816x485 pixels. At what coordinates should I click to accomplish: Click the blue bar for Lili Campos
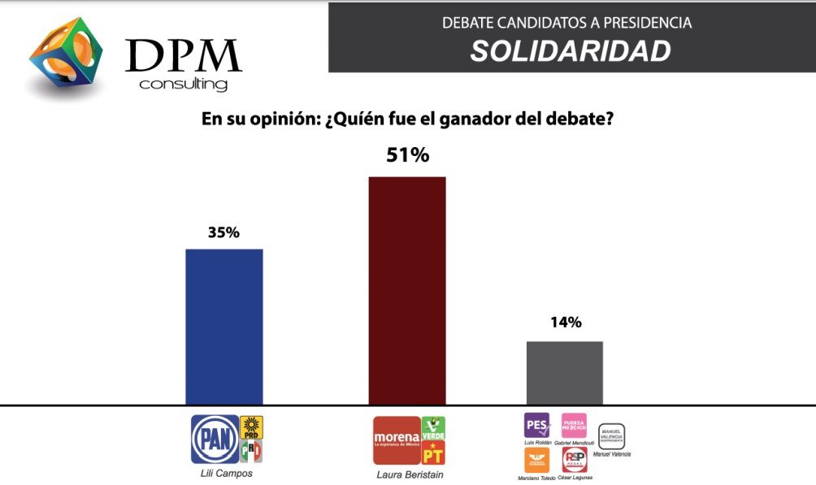[x=224, y=326]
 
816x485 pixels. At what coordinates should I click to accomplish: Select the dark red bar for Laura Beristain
[x=407, y=290]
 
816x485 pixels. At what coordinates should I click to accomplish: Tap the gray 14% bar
[x=565, y=372]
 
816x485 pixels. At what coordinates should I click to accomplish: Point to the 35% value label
[x=224, y=232]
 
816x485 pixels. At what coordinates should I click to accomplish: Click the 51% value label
[x=407, y=155]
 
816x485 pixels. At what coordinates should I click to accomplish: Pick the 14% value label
[x=565, y=323]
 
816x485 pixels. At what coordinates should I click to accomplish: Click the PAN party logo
[x=215, y=440]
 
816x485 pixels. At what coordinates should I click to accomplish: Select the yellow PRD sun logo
[x=252, y=427]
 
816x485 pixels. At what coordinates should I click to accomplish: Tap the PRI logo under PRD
[x=252, y=451]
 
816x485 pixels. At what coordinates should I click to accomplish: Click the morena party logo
[x=396, y=440]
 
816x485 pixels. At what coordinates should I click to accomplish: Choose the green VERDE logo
[x=433, y=427]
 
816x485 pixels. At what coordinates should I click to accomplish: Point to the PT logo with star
[x=433, y=453]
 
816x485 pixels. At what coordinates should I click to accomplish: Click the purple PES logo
[x=536, y=425]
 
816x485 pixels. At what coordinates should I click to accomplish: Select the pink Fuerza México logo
[x=574, y=425]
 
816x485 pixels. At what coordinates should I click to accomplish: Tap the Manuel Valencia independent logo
[x=611, y=436]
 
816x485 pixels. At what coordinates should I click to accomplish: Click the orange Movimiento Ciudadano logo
[x=536, y=460]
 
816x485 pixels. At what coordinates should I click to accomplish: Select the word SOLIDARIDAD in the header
[x=571, y=51]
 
